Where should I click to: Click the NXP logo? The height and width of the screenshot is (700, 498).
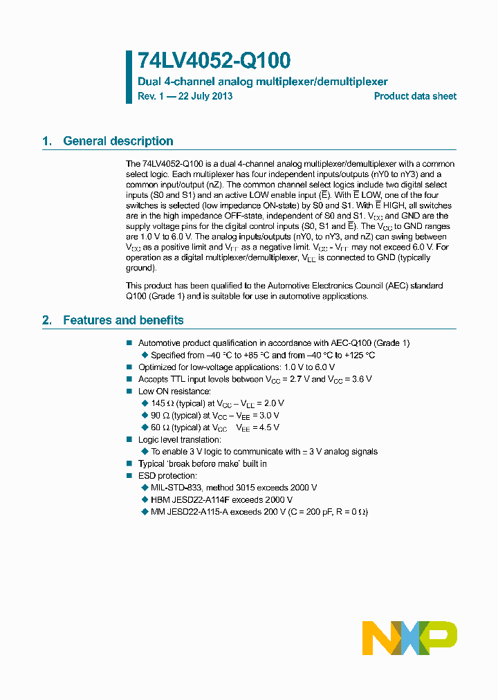click(409, 637)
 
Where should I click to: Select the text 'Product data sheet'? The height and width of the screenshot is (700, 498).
click(415, 96)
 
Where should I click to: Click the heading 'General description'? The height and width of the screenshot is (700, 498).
click(118, 141)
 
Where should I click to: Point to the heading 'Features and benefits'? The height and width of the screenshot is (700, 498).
click(123, 320)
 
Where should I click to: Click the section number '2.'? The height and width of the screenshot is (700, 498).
click(47, 320)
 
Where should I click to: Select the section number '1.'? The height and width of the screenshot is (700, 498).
click(47, 141)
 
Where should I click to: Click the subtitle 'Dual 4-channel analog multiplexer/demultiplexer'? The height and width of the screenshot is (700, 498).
click(263, 82)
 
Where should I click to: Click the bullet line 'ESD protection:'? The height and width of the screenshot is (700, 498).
click(167, 476)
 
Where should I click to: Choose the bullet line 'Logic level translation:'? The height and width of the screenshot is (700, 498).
click(180, 440)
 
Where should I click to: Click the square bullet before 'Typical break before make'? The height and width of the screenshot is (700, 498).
click(129, 464)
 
